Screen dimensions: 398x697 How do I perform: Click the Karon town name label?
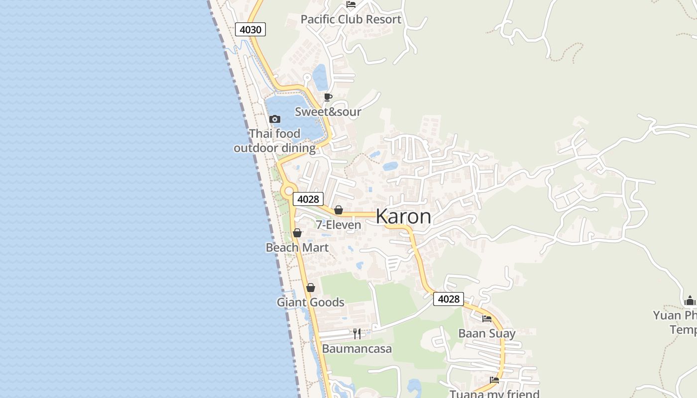point(403,216)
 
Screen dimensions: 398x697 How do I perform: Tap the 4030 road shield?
point(250,29)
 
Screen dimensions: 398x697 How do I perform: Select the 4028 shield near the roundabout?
point(308,199)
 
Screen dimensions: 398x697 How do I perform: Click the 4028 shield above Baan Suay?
point(449,298)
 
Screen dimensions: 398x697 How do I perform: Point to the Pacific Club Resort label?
point(350,19)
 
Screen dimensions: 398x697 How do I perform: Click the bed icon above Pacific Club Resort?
point(351,4)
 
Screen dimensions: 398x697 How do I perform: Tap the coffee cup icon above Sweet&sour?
point(328,97)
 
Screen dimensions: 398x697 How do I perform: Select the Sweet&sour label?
point(328,111)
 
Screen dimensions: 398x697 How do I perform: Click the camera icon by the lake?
point(274,119)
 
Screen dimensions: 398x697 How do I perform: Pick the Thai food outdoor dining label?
point(275,141)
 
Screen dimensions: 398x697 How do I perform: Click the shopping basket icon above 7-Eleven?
point(339,210)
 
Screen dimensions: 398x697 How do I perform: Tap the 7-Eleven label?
point(339,225)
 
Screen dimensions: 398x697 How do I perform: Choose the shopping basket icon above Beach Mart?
point(297,233)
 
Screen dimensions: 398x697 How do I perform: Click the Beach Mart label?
point(297,247)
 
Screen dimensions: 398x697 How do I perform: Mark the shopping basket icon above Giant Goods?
point(311,288)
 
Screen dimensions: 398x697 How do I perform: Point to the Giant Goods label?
point(311,302)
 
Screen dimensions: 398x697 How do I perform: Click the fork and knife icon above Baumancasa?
point(356,333)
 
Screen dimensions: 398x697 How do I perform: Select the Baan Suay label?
point(487,333)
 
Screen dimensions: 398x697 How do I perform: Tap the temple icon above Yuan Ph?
point(690,300)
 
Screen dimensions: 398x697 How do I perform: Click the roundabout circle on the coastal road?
point(288,191)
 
